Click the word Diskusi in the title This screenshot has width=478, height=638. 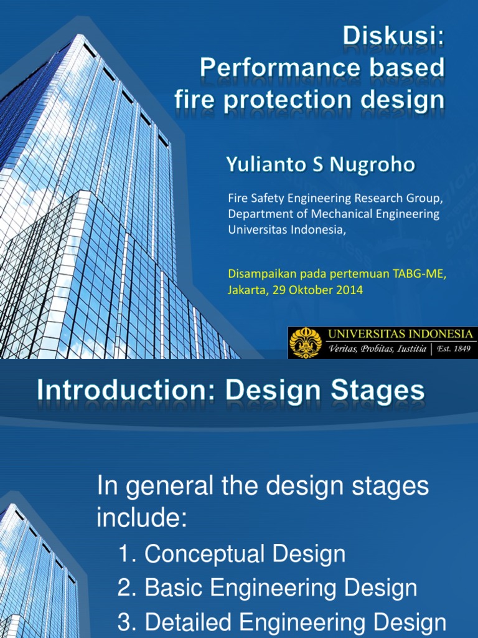tap(395, 37)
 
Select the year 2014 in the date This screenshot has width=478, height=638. tap(349, 290)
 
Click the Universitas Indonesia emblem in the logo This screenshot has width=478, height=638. tap(306, 343)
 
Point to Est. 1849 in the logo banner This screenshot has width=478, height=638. tap(453, 349)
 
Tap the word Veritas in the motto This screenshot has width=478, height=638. tap(344, 350)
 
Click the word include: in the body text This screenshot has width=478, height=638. tap(142, 518)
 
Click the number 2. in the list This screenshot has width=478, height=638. tap(128, 588)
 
